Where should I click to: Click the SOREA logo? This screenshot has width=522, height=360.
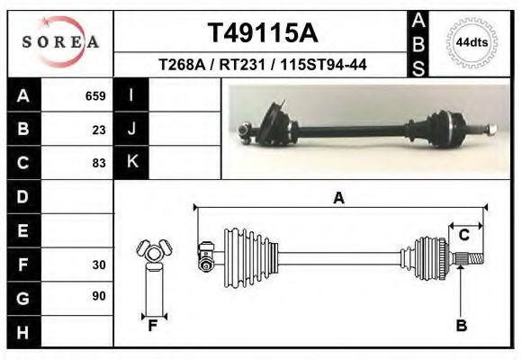tap(60, 42)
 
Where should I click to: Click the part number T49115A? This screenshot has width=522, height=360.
tap(262, 33)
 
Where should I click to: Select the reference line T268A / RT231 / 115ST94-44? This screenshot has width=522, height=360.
tap(262, 65)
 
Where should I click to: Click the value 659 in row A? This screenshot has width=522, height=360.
tap(95, 95)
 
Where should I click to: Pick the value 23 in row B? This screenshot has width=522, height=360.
tap(99, 129)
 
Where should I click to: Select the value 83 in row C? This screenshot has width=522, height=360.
tap(99, 163)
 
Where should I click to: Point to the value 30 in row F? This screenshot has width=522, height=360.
tap(99, 265)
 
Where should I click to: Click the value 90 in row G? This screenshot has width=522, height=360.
tap(99, 296)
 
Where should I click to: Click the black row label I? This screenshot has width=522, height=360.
tap(131, 95)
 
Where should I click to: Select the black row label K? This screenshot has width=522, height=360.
tap(131, 163)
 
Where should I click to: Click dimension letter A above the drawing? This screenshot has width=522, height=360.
tap(339, 198)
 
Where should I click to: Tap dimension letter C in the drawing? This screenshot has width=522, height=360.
tap(464, 236)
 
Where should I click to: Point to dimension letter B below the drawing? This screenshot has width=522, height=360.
tap(461, 326)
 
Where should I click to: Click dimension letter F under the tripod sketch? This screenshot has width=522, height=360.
tap(153, 326)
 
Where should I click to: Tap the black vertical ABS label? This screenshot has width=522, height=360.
tap(418, 43)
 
